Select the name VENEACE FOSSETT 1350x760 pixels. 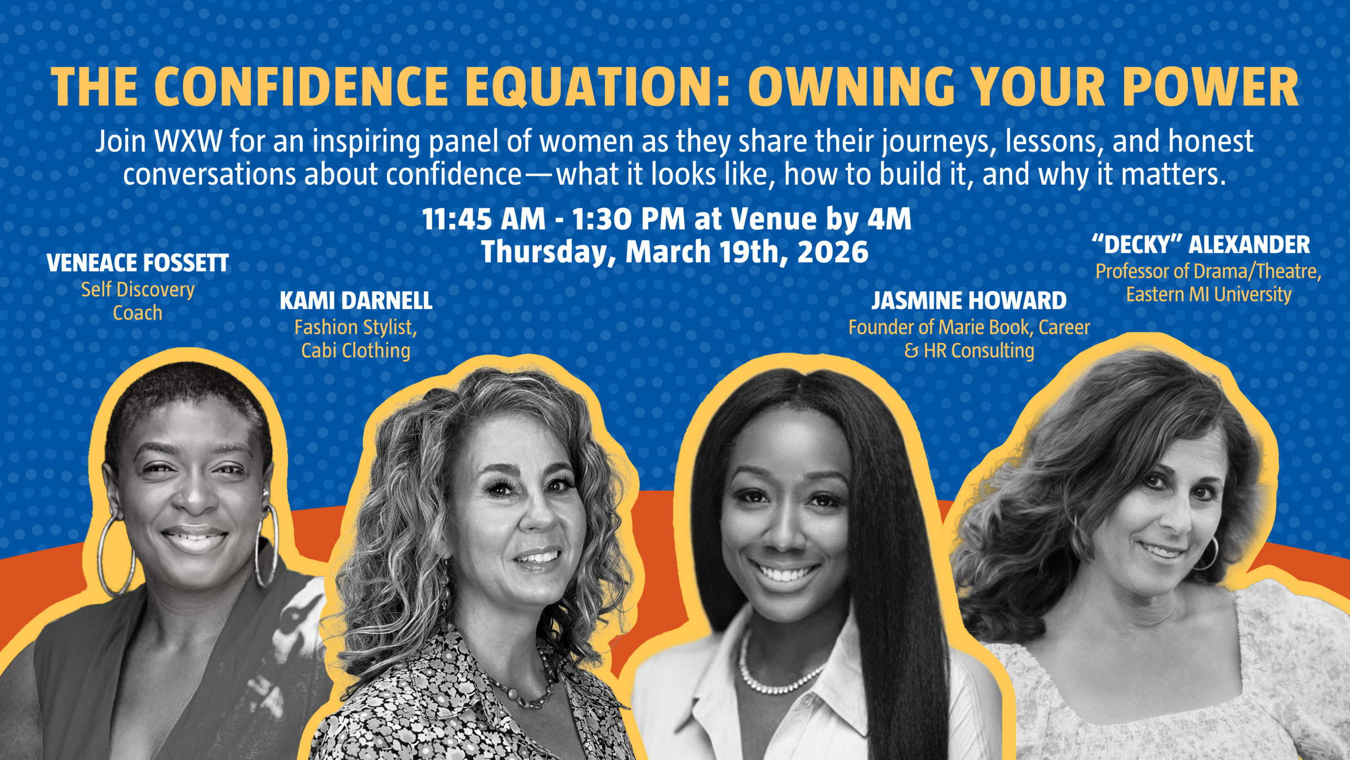(x=138, y=263)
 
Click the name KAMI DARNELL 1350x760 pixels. (x=356, y=301)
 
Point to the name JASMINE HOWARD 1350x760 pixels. (x=969, y=301)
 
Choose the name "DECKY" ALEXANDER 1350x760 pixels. (x=1201, y=244)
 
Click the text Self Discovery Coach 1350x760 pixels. (x=138, y=301)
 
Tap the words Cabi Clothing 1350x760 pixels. (x=355, y=350)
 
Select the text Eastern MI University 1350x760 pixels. (x=1209, y=294)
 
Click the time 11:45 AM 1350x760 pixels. (x=484, y=219)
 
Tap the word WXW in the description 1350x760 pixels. (x=188, y=141)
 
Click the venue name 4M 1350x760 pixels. (x=889, y=219)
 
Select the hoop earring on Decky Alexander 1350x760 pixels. (x=1207, y=554)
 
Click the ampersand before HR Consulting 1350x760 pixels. (x=911, y=351)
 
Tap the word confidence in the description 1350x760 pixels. (x=454, y=175)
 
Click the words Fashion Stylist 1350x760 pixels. (x=355, y=328)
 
